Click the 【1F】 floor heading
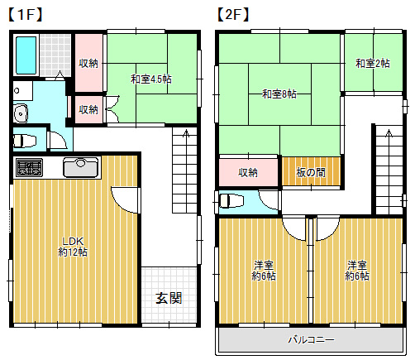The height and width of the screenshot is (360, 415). [x=24, y=14]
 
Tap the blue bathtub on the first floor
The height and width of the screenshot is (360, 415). [x=26, y=55]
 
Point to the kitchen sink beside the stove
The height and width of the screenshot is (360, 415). [x=80, y=167]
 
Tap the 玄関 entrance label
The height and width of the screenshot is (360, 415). [x=169, y=298]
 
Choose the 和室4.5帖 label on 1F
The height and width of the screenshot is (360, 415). [x=150, y=79]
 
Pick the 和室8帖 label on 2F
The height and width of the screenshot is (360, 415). [x=279, y=94]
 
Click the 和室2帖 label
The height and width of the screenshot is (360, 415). [x=372, y=63]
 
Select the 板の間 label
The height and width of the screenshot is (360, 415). [x=310, y=172]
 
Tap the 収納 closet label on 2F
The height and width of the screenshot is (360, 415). [x=248, y=173]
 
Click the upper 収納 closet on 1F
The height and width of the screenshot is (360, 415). [x=88, y=64]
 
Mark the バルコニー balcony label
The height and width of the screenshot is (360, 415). [x=311, y=339]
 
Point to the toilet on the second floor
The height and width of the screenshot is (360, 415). [x=229, y=200]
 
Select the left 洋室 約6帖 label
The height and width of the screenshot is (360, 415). [x=265, y=270]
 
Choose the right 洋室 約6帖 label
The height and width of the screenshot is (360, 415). [x=357, y=270]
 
